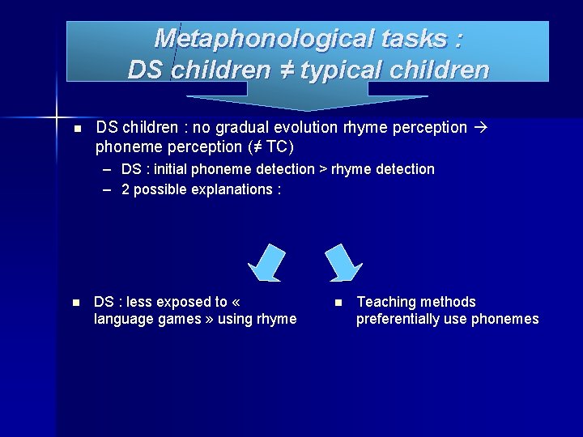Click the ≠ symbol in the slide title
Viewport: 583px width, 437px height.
point(286,70)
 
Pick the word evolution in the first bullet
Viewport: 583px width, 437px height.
point(304,127)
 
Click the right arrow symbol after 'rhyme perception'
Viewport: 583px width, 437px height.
point(477,127)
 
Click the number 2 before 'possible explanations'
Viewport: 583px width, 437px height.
point(126,189)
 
